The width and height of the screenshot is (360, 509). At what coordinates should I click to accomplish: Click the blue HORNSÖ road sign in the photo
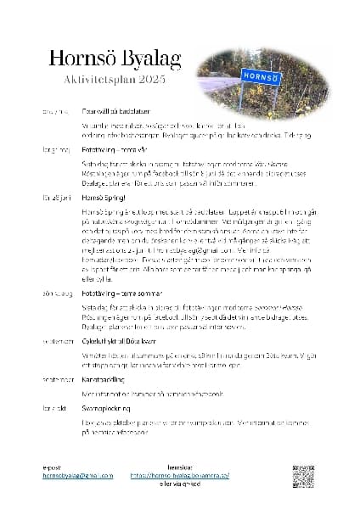pyautogui.click(x=260, y=75)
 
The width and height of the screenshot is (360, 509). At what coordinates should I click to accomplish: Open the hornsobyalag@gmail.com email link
pyautogui.click(x=78, y=476)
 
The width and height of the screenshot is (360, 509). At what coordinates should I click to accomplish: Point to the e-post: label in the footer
pyautogui.click(x=53, y=467)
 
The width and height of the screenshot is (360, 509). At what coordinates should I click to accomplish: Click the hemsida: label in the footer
pyautogui.click(x=180, y=467)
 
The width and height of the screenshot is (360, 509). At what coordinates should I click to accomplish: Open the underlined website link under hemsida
pyautogui.click(x=180, y=476)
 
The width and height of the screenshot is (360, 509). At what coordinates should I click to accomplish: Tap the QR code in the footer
pyautogui.click(x=304, y=476)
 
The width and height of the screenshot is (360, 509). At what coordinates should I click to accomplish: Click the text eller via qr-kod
pyautogui.click(x=180, y=484)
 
